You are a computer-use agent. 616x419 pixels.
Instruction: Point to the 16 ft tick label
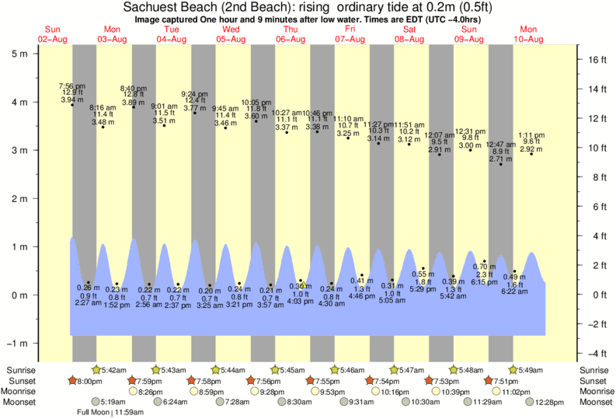click(x=595, y=59)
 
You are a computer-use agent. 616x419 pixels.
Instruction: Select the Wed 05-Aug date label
click(x=231, y=34)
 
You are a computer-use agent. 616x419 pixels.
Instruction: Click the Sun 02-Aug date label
click(x=53, y=34)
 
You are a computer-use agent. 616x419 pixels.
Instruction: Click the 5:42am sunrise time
click(x=113, y=371)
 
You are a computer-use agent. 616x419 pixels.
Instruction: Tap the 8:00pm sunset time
click(x=89, y=381)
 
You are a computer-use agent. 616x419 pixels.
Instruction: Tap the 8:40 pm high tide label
click(x=133, y=89)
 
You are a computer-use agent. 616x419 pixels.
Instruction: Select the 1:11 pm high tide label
click(x=531, y=135)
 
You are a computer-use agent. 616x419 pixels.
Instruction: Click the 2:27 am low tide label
click(x=89, y=304)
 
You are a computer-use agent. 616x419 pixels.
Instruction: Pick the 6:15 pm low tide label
click(x=484, y=282)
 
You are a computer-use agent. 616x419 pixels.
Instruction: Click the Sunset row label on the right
click(x=593, y=381)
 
